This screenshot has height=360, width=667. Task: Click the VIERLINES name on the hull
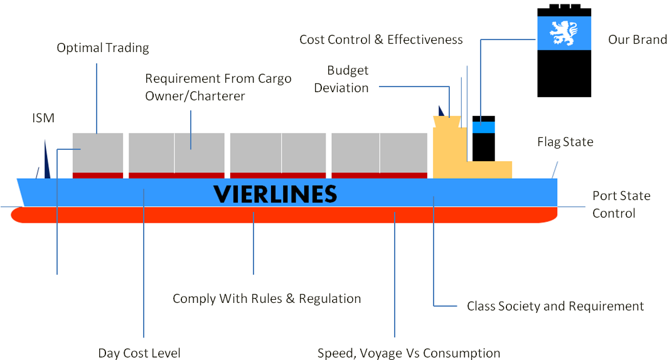pyautogui.click(x=275, y=194)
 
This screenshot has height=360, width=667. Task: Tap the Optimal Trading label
pyautogui.click(x=103, y=48)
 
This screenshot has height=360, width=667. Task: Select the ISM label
pyautogui.click(x=43, y=118)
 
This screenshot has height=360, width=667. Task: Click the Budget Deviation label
pyautogui.click(x=341, y=79)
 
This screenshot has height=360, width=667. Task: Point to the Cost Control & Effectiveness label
pyautogui.click(x=381, y=40)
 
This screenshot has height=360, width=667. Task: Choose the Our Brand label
pyautogui.click(x=637, y=40)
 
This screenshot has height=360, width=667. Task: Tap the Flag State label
pyautogui.click(x=565, y=142)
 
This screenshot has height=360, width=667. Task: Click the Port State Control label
pyautogui.click(x=621, y=204)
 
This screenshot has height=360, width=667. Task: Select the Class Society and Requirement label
pyautogui.click(x=555, y=306)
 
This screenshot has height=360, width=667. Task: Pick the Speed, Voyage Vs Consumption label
pyautogui.click(x=408, y=353)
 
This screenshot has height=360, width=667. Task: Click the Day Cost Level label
pyautogui.click(x=139, y=353)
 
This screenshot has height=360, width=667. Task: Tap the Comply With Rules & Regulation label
pyautogui.click(x=267, y=299)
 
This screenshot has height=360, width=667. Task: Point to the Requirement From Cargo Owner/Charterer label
pyautogui.click(x=218, y=87)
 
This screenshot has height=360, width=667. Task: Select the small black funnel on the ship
pyautogui.click(x=484, y=139)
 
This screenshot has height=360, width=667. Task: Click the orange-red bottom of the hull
pyautogui.click(x=282, y=216)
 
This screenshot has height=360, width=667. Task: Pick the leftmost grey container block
pyautogui.click(x=97, y=152)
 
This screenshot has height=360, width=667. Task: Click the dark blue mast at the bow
pyautogui.click(x=46, y=161)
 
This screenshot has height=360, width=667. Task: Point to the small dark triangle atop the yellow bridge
pyautogui.click(x=442, y=111)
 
